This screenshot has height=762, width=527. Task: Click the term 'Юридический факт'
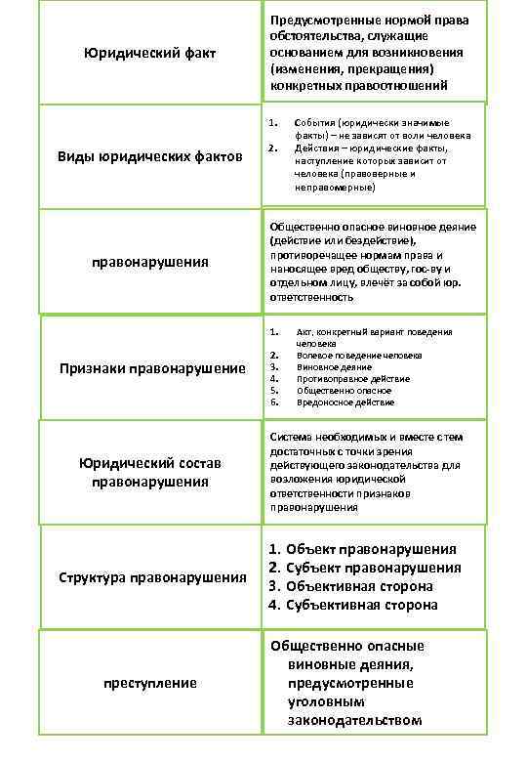click(x=150, y=52)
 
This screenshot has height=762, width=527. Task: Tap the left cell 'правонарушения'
click(x=150, y=262)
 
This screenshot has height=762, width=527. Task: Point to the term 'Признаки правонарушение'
click(x=150, y=368)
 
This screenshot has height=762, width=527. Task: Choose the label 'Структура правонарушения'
click(x=150, y=577)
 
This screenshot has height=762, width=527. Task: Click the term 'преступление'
click(x=150, y=682)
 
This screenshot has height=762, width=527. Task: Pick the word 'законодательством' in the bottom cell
click(x=354, y=720)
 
